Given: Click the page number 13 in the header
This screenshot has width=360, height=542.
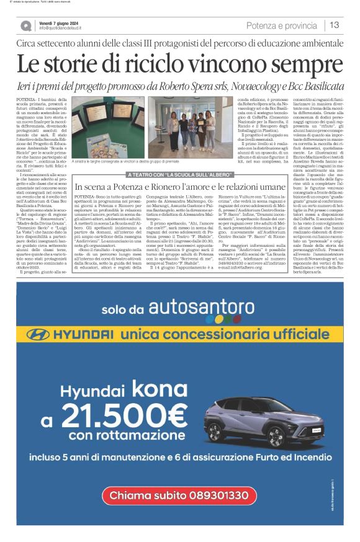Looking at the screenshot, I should tap(335, 25).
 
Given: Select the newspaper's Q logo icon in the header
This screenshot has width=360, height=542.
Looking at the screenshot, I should tap(25, 25).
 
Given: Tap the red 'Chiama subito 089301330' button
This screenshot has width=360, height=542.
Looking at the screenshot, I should tap(179, 512).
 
